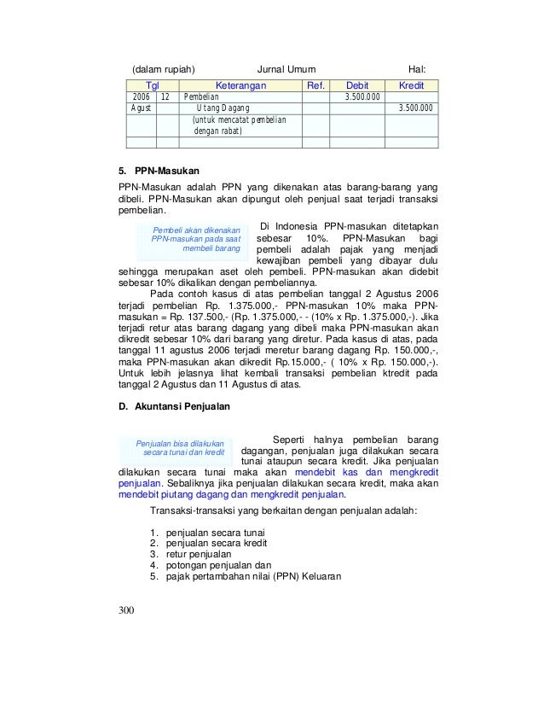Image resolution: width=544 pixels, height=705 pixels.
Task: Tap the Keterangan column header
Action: tap(240, 86)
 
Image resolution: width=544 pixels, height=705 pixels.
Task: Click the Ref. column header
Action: tap(315, 86)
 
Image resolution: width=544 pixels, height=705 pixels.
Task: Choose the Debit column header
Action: tap(358, 86)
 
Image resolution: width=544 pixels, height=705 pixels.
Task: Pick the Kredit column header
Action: tap(412, 86)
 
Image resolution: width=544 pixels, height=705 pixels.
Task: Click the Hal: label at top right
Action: tap(418, 68)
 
